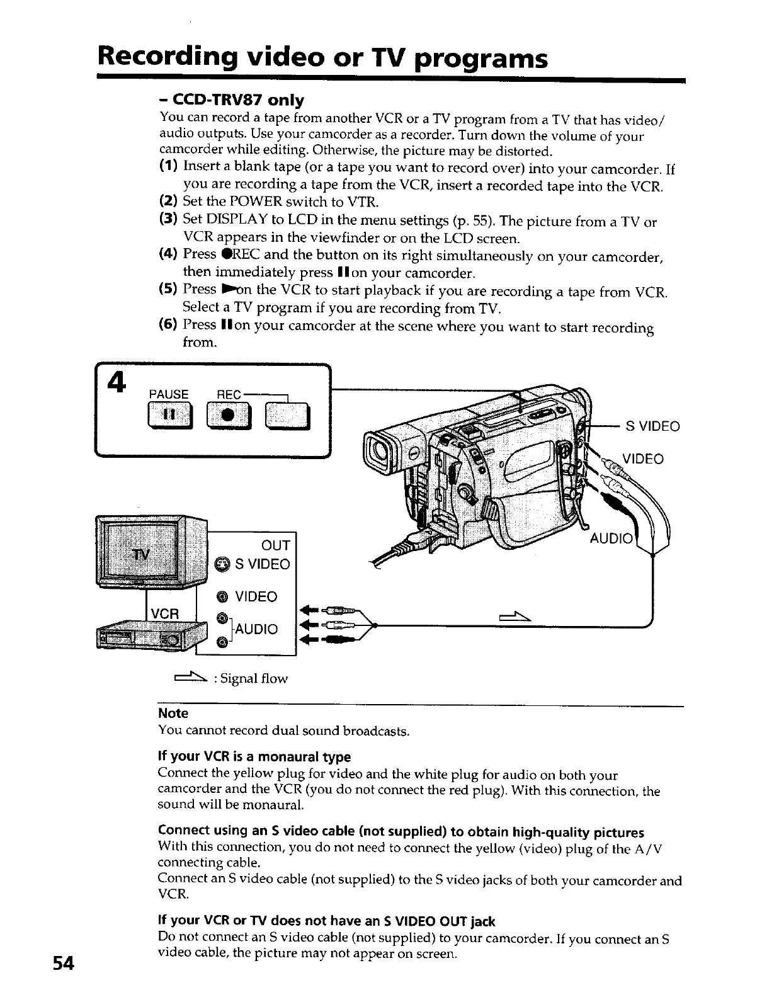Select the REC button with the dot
point(229,416)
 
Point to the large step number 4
point(117,382)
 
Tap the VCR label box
point(166,612)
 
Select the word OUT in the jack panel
point(275,545)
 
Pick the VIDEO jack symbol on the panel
point(222,596)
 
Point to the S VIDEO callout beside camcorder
point(652,426)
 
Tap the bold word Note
point(173,713)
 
